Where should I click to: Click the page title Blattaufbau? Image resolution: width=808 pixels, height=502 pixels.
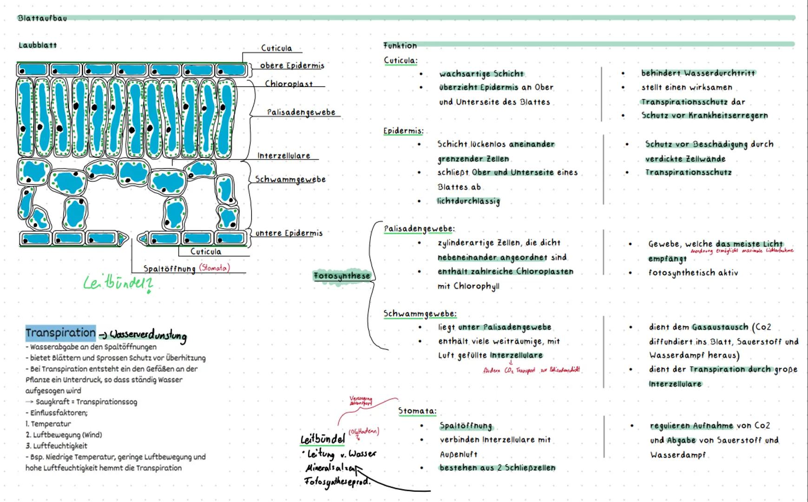coord(42,18)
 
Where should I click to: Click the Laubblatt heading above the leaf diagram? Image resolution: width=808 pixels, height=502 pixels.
coord(38,45)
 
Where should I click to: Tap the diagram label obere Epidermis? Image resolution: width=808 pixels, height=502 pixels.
coord(292,66)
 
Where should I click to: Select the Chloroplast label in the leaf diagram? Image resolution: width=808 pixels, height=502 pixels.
coord(289,84)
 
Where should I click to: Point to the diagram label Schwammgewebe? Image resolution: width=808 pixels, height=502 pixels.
coord(290,179)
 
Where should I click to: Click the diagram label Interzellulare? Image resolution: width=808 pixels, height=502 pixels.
coord(283,156)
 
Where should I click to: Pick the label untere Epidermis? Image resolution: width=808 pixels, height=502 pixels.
coord(289,233)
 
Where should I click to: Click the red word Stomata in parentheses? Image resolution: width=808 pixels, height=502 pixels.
coord(214,268)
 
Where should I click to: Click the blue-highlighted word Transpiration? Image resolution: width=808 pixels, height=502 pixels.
coord(60,333)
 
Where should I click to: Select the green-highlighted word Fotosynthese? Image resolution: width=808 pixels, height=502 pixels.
coord(342,276)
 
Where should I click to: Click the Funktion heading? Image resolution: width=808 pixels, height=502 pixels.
coord(400,46)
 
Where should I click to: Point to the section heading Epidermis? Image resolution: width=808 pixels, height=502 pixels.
coord(403,131)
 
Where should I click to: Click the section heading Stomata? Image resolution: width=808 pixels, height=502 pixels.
coord(417,411)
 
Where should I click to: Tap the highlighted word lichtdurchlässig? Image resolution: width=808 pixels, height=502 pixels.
coord(468,201)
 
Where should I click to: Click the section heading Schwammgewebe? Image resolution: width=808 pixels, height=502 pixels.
coord(420,314)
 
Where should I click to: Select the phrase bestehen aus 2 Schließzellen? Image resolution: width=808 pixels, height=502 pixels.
coord(497,468)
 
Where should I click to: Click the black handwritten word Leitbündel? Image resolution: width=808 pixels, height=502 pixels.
coord(322,439)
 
